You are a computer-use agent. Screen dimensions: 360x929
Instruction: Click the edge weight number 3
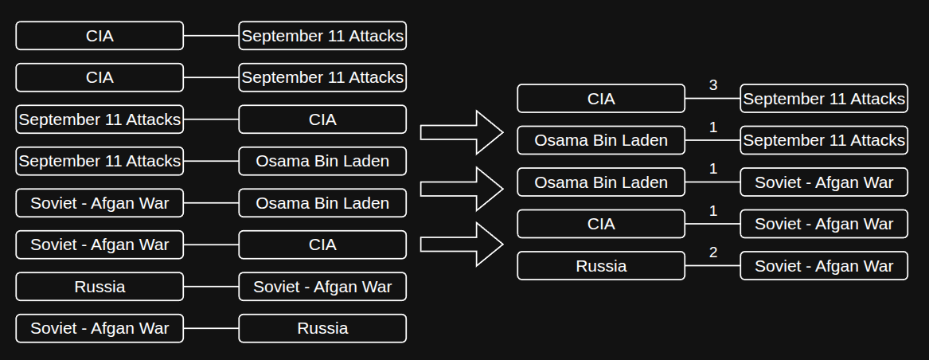point(712,85)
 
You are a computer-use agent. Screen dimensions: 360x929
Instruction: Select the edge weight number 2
point(712,252)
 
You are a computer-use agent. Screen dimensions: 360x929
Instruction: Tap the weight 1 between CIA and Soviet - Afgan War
point(712,211)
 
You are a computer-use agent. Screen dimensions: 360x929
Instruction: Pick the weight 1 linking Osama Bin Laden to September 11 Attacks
point(712,127)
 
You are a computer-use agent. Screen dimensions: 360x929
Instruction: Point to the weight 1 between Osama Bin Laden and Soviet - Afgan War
point(712,169)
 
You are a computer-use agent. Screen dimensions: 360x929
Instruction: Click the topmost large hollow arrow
point(462,132)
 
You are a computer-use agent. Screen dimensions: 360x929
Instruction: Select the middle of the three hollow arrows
point(462,189)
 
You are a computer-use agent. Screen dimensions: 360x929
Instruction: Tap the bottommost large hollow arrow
point(462,245)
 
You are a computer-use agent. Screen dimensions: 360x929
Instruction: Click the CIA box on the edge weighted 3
point(601,99)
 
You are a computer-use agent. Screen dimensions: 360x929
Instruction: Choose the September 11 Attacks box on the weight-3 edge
point(824,99)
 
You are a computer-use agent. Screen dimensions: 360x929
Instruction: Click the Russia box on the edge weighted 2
point(601,266)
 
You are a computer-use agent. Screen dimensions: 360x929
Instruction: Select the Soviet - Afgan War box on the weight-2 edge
point(824,266)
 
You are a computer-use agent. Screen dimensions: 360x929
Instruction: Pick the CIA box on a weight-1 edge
point(601,225)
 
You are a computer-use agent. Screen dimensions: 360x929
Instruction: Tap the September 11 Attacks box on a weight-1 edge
point(824,141)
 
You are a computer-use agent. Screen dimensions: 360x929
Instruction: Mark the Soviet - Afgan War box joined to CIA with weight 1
point(824,225)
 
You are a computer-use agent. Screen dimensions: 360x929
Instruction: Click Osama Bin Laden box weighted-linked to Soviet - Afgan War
point(601,182)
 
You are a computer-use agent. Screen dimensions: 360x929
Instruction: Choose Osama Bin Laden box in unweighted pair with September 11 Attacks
point(322,161)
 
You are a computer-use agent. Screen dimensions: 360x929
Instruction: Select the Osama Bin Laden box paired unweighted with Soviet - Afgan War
point(322,203)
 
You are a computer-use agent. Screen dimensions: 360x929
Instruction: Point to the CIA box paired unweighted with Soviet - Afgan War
point(322,245)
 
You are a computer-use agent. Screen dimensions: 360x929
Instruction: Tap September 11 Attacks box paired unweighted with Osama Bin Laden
point(100,161)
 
